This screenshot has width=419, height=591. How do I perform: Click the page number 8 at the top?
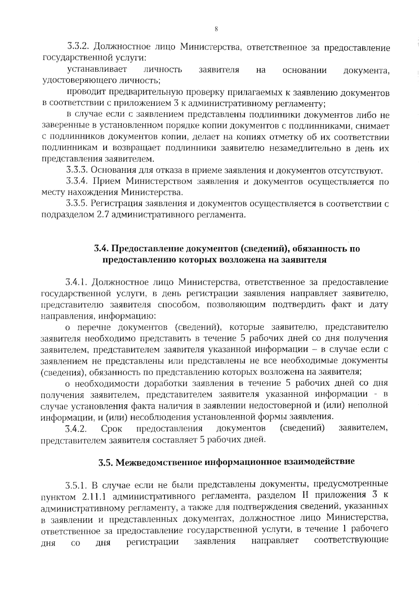(x=216, y=29)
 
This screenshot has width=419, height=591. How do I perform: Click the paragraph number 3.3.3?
(x=78, y=171)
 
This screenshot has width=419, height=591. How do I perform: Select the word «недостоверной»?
(x=284, y=406)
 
